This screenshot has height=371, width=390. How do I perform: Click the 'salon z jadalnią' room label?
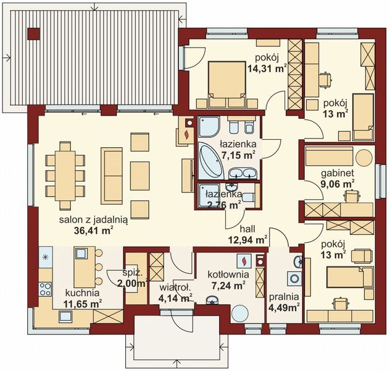pos(94,221)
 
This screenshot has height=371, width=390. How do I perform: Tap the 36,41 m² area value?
pos(93,232)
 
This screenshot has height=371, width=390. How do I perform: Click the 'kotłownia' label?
pos(227,275)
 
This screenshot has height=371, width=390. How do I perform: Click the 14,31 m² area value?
pos(266,70)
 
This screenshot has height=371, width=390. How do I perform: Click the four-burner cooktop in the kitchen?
pos(45,288)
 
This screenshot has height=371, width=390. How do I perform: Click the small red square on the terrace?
pos(35,32)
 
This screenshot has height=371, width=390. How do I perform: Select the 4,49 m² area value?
pos(284,305)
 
